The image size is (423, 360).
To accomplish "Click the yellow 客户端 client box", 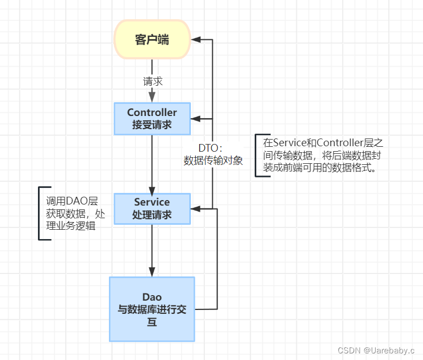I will click(152, 40).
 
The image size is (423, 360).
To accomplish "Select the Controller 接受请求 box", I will click(152, 118).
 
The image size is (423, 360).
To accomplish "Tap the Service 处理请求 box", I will click(152, 208).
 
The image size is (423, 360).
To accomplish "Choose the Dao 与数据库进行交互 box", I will click(152, 309).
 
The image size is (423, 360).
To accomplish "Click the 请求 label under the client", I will click(152, 81).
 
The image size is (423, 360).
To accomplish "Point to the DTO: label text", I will click(210, 148).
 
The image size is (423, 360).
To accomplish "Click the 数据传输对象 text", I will click(213, 160).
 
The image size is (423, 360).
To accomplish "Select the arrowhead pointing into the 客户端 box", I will click(195, 40).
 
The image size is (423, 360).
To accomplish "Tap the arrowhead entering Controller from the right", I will click(195, 118).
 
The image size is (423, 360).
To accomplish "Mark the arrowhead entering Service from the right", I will click(195, 208).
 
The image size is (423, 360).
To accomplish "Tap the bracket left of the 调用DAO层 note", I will click(40, 213).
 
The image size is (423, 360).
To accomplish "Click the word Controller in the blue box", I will click(152, 113).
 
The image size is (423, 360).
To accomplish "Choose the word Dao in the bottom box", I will click(152, 297).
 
